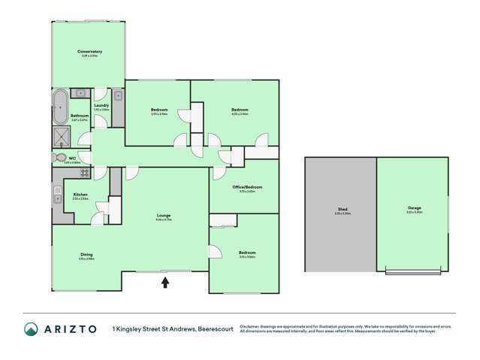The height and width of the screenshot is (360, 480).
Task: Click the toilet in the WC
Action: click(60, 158)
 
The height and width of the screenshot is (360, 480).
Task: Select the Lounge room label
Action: click(163, 216)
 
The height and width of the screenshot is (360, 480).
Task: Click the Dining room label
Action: click(86, 255)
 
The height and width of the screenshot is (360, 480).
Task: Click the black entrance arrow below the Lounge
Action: click(165, 282)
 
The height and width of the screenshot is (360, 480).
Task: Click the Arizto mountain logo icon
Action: click(30, 329)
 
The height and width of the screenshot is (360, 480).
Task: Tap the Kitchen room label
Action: click(80, 195)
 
